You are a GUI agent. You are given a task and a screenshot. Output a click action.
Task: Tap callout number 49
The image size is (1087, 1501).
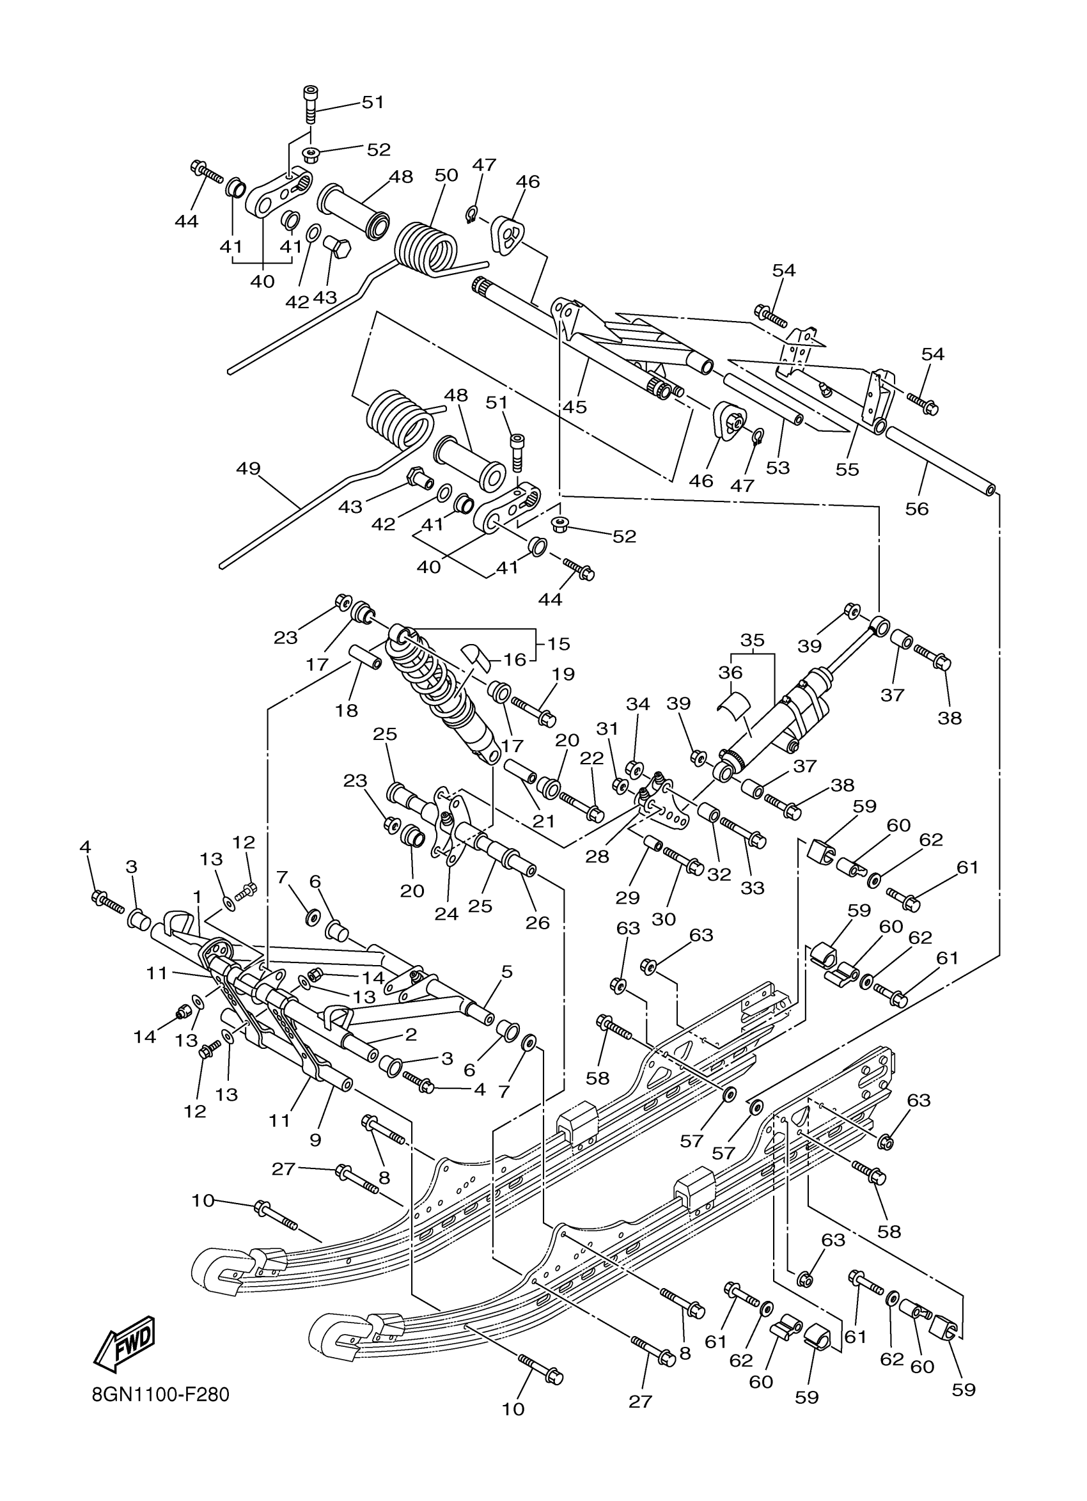[248, 469]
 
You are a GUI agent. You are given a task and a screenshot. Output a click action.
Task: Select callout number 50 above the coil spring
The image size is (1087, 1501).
[446, 175]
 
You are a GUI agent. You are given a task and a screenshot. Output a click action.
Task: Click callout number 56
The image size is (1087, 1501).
[917, 508]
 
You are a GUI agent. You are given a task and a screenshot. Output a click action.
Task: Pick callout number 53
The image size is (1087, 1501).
[778, 468]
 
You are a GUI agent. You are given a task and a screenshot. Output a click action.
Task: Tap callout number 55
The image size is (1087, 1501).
[847, 469]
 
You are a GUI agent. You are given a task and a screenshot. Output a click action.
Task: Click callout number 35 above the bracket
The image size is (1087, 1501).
[752, 640]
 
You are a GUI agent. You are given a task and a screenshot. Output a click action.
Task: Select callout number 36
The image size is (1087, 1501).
[730, 672]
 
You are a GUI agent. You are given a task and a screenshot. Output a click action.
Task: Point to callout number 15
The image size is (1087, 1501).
[558, 643]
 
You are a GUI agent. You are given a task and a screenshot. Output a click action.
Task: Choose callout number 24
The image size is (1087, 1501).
[446, 914]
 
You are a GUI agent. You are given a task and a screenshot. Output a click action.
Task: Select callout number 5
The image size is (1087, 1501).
[507, 972]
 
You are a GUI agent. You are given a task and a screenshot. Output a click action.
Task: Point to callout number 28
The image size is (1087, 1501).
[597, 856]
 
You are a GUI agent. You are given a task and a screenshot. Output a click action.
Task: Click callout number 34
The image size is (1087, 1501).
[637, 704]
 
